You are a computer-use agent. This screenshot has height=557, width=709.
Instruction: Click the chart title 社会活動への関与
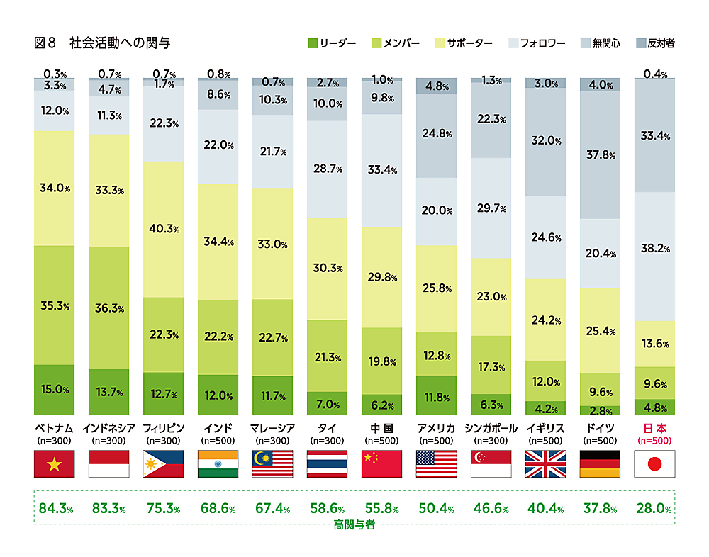pyautogui.click(x=120, y=44)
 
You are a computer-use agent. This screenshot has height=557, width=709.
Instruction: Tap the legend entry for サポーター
pyautogui.click(x=466, y=43)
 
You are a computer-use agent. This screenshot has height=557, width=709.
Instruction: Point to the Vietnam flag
pyautogui.click(x=54, y=463)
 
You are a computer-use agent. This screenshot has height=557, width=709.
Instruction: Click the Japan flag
pyautogui.click(x=654, y=463)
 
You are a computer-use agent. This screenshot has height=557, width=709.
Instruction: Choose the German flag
pyautogui.click(x=600, y=463)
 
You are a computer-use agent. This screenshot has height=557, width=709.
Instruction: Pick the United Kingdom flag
pyautogui.click(x=545, y=463)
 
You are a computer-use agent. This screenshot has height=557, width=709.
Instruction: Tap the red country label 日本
pyautogui.click(x=654, y=428)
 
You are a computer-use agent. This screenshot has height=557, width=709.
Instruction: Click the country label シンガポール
pyautogui.click(x=491, y=428)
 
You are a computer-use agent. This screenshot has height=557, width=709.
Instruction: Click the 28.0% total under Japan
pyautogui.click(x=654, y=508)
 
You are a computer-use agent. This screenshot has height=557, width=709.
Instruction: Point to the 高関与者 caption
pyautogui.click(x=354, y=527)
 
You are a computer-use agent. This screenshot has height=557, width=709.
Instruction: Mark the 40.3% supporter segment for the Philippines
pyautogui.click(x=163, y=229)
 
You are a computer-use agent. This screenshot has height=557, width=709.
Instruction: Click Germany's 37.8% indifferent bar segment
pyautogui.click(x=600, y=155)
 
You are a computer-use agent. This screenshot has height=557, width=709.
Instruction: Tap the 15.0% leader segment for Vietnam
pyautogui.click(x=54, y=389)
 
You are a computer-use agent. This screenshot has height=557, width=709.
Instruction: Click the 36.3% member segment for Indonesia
pyautogui.click(x=108, y=308)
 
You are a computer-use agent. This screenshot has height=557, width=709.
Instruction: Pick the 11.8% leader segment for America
pyautogui.click(x=436, y=397)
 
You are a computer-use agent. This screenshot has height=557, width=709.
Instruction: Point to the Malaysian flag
pyautogui.click(x=272, y=463)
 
